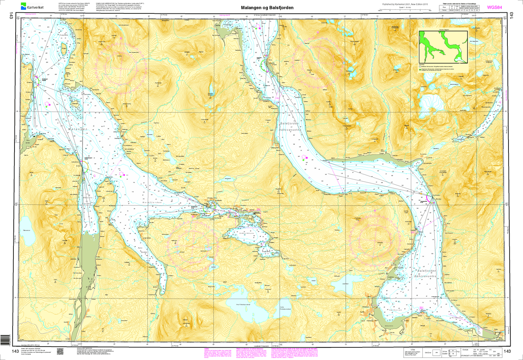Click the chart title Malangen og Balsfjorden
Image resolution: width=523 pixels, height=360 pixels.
tap(267, 8)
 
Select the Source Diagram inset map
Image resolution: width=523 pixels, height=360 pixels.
tap(443, 47)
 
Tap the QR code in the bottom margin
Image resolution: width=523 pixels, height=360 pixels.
tap(60, 352)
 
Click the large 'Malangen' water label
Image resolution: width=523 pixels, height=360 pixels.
tap(78, 129)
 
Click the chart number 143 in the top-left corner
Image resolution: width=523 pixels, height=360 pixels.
tap(12, 15)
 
